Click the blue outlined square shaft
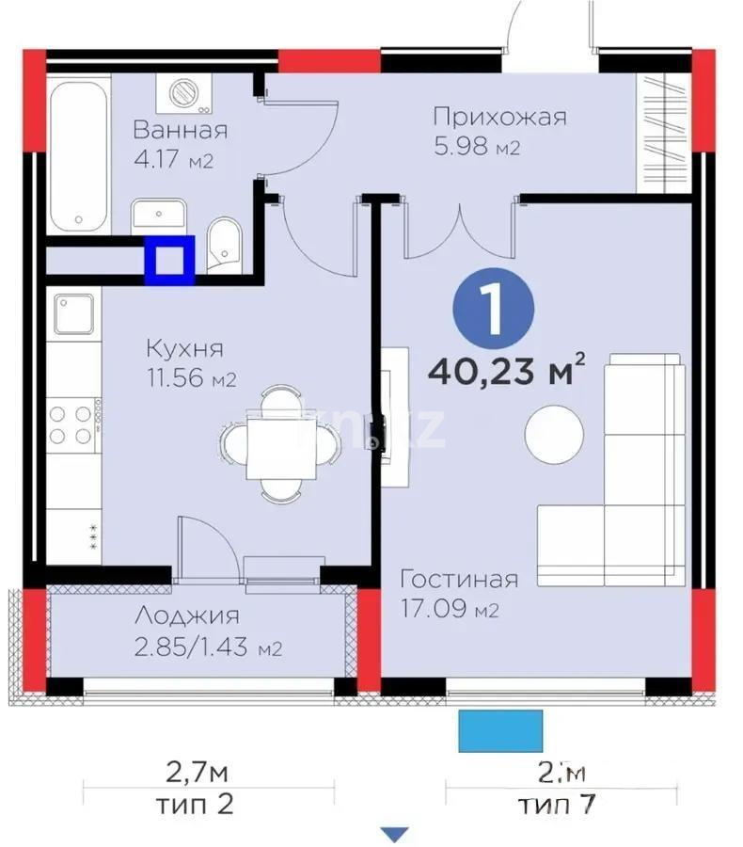point(169,261)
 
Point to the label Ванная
point(180,130)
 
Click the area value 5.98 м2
point(477,148)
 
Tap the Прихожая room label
point(499,117)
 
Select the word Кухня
point(184,348)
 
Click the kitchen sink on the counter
point(73,314)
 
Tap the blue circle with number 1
point(492,307)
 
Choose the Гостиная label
point(458,578)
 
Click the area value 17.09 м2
point(450,611)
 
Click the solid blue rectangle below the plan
point(500,731)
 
